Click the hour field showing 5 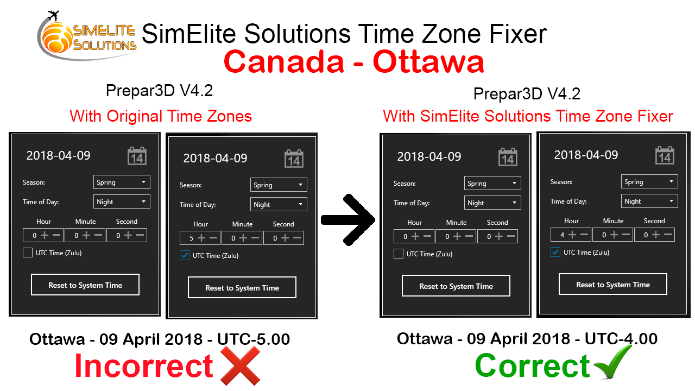pos(200,238)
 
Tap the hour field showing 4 pos(571,235)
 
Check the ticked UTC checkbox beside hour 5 pos(185,255)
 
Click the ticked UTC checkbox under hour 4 pos(555,252)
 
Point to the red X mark pos(240,365)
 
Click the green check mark pos(613,362)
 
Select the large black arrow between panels pos(348,220)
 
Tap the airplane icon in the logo pos(53,15)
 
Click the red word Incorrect pos(144,365)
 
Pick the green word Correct pos(532,366)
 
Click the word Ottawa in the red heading pos(428,61)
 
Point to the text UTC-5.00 pos(254,339)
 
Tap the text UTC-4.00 pos(621,338)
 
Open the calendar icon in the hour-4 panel pos(665,155)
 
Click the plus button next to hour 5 pos(201,238)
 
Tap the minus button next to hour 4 pos(584,235)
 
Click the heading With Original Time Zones pos(161,116)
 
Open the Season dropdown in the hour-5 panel pos(279,185)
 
